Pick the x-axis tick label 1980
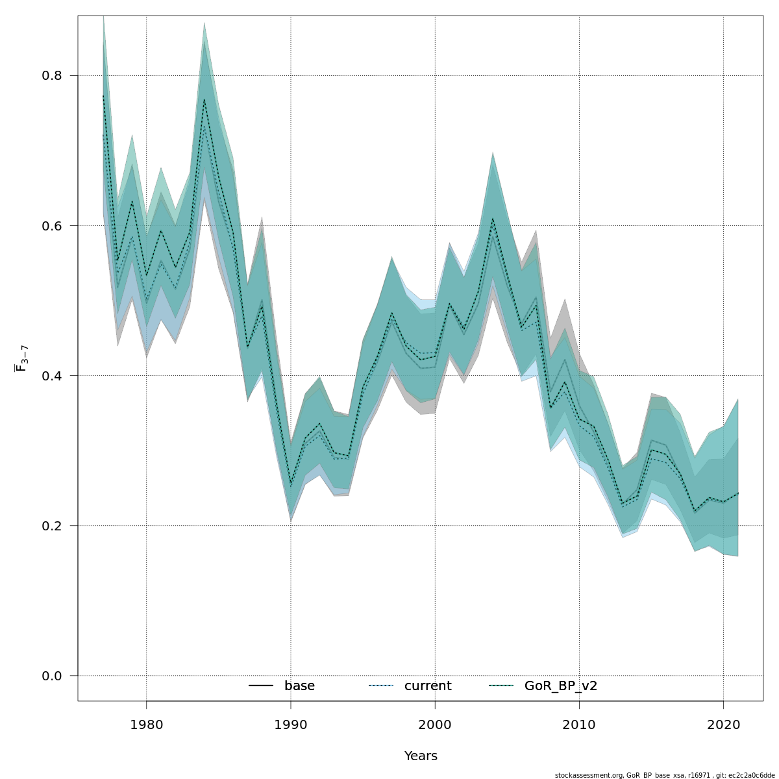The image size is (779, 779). coord(146,724)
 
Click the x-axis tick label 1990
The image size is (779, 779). coord(291,724)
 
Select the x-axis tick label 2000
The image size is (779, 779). coord(435,724)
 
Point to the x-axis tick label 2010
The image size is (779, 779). coord(579,724)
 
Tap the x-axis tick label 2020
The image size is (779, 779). coord(723,724)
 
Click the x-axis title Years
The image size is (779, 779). coord(421,756)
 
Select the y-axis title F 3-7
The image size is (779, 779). coord(21,358)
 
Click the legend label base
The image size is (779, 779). coord(299,686)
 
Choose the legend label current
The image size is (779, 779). coord(428,686)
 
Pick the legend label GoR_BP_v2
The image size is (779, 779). coord(560,686)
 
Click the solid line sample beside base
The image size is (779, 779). coord(260,686)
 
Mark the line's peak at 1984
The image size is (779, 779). coord(204,99)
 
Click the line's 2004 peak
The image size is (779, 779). coord(493,219)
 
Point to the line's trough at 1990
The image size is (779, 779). coord(291,484)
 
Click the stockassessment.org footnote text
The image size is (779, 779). coord(665,775)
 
